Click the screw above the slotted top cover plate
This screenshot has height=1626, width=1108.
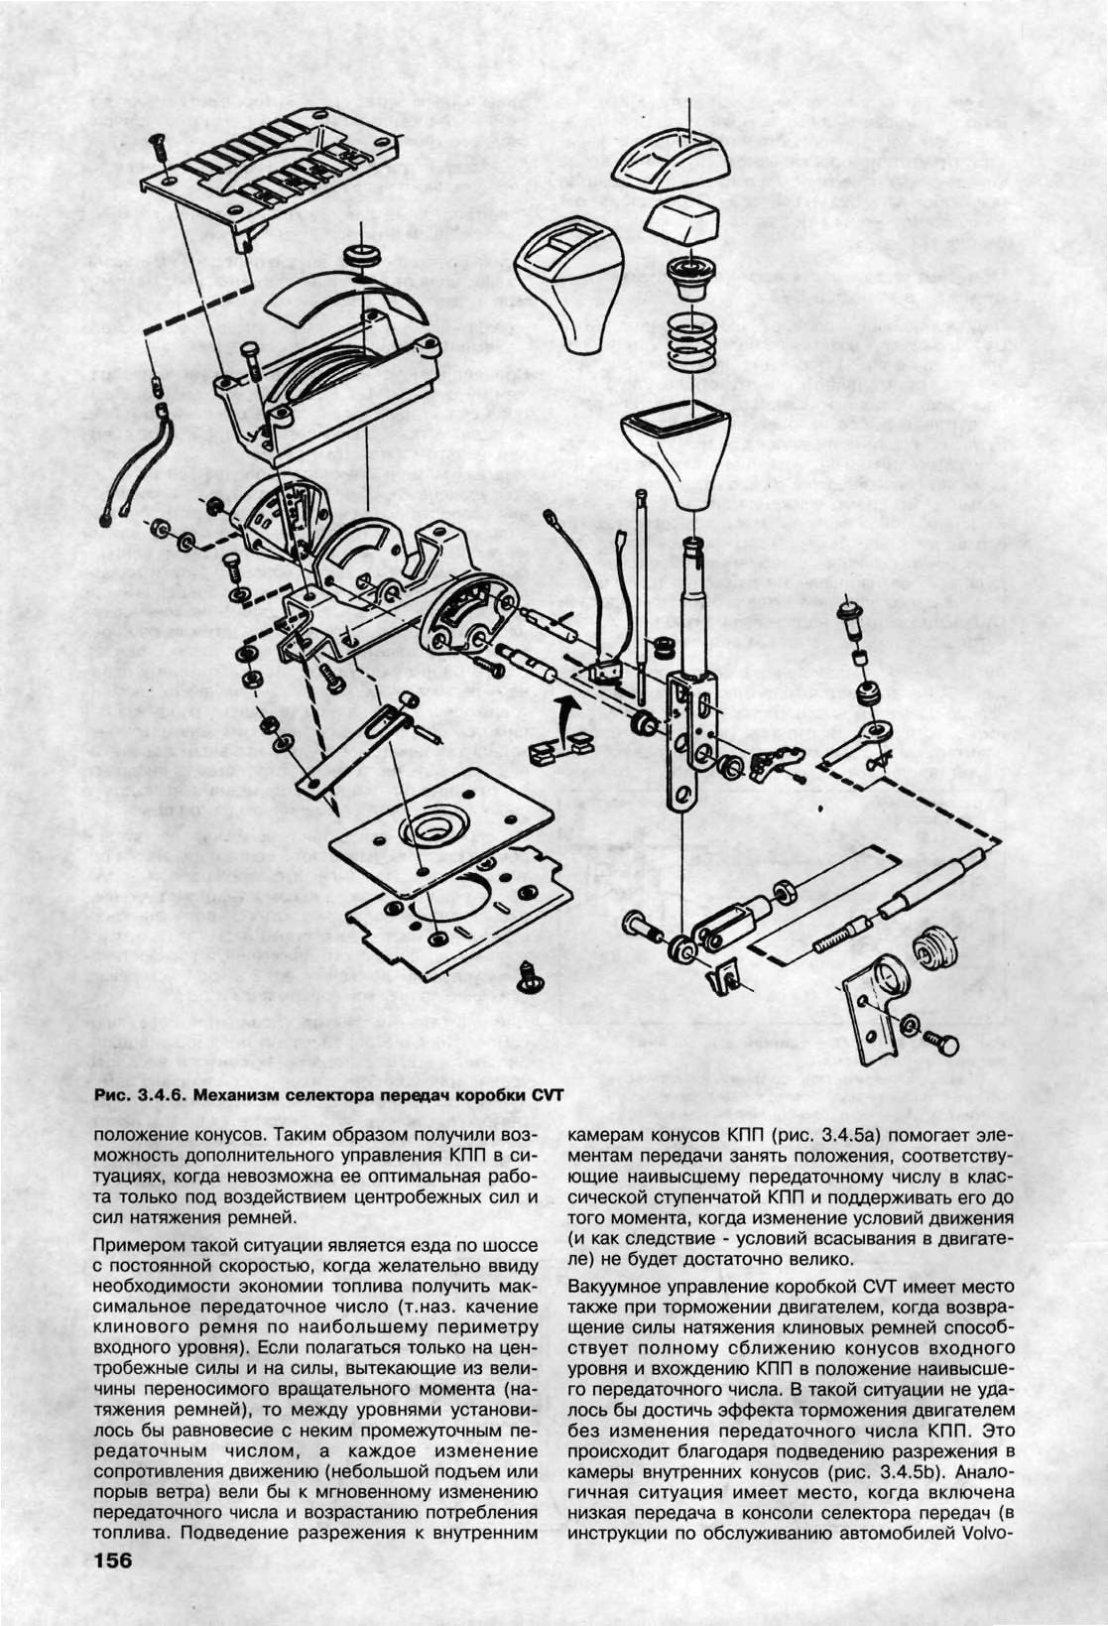pyautogui.click(x=159, y=149)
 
